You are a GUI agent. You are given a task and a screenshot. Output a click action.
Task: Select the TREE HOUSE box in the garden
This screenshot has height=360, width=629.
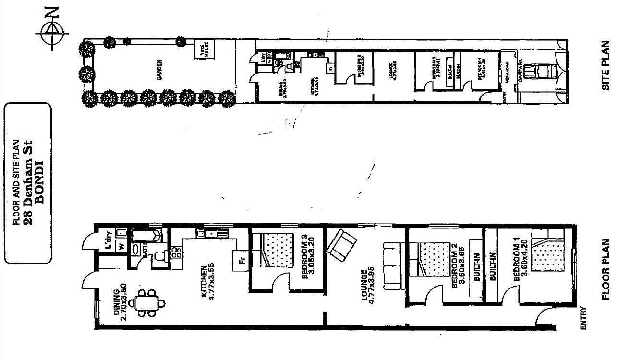[204, 50]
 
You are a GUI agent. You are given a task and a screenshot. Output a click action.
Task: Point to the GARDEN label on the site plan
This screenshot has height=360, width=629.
[159, 70]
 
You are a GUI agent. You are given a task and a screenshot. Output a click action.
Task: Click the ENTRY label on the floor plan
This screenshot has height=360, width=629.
[583, 318]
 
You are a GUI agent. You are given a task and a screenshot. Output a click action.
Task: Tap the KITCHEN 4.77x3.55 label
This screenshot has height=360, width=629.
[206, 283]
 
